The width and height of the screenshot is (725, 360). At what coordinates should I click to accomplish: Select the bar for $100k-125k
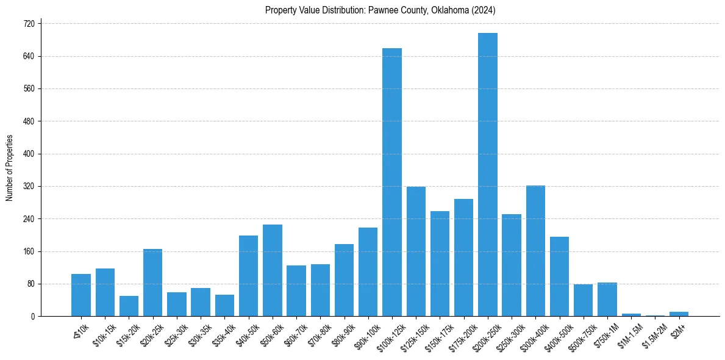coord(392,182)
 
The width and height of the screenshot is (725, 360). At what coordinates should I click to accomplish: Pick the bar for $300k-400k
coord(535,251)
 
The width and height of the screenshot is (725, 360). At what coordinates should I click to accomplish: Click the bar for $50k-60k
coord(273,270)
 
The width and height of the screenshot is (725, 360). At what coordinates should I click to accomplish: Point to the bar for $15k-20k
coord(129,306)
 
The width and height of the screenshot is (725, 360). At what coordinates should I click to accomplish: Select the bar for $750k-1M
coord(607,300)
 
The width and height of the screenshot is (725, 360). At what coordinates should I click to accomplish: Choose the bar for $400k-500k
coord(559,276)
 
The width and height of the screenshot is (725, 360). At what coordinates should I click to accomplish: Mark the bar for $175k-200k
coord(463,257)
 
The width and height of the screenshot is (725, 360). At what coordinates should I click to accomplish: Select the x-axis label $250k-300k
coord(507,334)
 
